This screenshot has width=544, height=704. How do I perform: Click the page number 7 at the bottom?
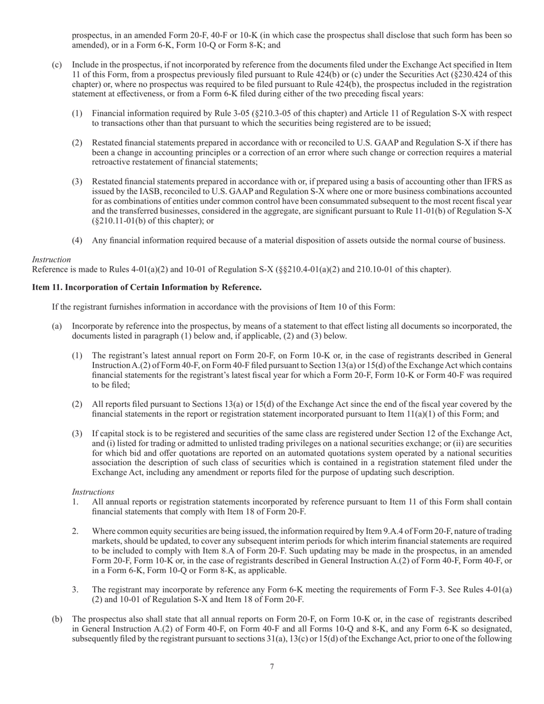tap(271, 666)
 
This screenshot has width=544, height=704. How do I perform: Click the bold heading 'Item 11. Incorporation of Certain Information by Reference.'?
tap(147, 287)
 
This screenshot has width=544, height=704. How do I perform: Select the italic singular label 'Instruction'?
tap(52, 259)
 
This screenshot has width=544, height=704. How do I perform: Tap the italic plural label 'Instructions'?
tap(93, 492)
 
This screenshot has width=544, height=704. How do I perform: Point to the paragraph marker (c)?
tap(57, 65)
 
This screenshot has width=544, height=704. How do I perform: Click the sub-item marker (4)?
tap(77, 240)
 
